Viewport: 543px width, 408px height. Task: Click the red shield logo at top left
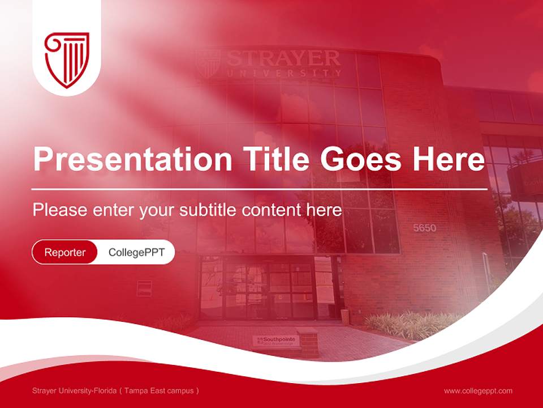(x=67, y=59)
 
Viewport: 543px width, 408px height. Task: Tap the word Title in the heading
(x=271, y=159)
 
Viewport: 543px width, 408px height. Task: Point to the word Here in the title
(x=448, y=159)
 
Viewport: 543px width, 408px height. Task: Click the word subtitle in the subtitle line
(x=209, y=210)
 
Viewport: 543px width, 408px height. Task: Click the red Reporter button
(x=65, y=252)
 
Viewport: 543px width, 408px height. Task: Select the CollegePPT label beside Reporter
(x=136, y=252)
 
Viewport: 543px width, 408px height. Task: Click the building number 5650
(x=425, y=228)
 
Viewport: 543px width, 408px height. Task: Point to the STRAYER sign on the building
(x=283, y=58)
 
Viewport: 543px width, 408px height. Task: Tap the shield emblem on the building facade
(x=208, y=63)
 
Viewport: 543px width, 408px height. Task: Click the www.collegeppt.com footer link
(x=478, y=390)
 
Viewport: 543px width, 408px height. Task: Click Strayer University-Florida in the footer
(x=74, y=390)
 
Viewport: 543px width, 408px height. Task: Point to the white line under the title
(x=260, y=189)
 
